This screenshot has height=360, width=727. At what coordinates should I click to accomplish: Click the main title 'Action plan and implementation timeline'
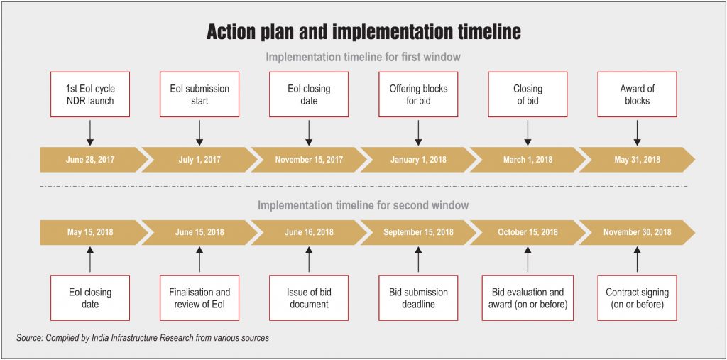click(363, 32)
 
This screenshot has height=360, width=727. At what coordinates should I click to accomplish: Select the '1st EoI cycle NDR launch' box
click(90, 94)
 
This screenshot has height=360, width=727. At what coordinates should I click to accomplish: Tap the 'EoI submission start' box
click(199, 94)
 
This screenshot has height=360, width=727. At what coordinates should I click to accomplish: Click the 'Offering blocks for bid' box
click(418, 94)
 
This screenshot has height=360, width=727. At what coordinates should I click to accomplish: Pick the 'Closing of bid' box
click(528, 94)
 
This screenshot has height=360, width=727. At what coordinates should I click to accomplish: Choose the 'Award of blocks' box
click(637, 94)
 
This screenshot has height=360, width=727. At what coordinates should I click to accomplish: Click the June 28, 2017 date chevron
click(93, 160)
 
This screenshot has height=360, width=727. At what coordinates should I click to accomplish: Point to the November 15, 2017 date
click(309, 160)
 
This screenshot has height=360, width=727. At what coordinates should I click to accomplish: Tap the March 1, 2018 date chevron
click(528, 160)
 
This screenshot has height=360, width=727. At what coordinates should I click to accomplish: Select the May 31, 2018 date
click(637, 160)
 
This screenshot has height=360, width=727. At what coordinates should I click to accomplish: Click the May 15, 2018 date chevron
click(93, 232)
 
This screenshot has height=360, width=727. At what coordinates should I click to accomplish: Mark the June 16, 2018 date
click(309, 232)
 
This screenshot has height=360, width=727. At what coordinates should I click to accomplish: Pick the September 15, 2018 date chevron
click(418, 232)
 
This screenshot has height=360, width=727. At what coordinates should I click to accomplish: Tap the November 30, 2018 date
click(637, 232)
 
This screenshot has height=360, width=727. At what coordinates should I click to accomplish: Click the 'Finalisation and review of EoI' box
click(199, 298)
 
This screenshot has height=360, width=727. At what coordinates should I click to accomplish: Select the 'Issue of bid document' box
click(309, 298)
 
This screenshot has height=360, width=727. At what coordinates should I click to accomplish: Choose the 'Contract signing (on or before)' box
click(637, 298)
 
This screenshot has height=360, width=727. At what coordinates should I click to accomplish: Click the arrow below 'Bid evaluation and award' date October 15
click(528, 259)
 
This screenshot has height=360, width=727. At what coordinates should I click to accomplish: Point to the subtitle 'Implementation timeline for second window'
click(363, 205)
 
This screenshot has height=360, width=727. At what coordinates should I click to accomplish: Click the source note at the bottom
click(143, 338)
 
